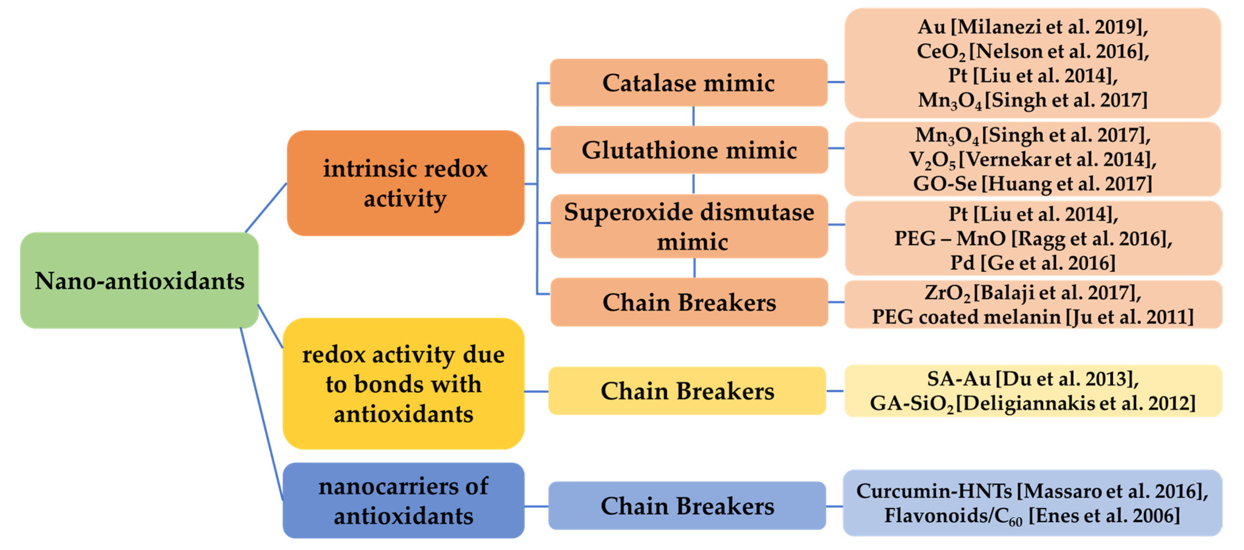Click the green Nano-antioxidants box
(139, 281)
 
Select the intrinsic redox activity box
(405, 183)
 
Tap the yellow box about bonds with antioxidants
(403, 384)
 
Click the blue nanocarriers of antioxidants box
(403, 501)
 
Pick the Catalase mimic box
(688, 82)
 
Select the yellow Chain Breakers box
(687, 391)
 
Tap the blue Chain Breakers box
(687, 506)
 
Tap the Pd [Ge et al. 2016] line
(1032, 263)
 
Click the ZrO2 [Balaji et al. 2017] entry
(1032, 293)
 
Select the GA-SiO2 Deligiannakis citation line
(1032, 403)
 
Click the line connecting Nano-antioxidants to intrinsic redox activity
(266, 208)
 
